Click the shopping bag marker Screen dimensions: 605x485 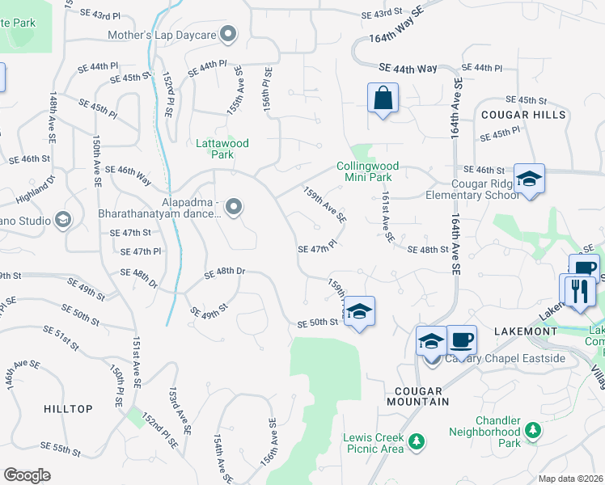click(383, 99)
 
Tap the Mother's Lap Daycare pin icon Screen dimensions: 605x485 click(229, 34)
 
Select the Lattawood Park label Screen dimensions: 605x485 click(222, 149)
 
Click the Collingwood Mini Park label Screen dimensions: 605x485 click(364, 171)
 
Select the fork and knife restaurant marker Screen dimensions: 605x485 click(577, 290)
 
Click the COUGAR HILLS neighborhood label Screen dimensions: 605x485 click(518, 115)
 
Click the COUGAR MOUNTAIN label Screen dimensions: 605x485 click(423, 395)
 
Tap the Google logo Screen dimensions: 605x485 click(27, 475)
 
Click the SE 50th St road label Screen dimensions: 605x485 click(317, 323)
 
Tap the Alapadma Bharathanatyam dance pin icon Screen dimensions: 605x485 click(234, 208)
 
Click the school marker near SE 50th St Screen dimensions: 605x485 click(360, 311)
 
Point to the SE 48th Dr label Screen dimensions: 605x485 click(225, 272)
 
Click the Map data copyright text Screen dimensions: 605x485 click(570, 479)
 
